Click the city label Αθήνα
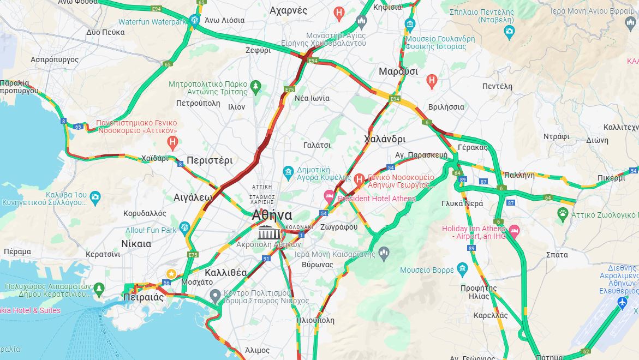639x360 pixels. click(x=272, y=215)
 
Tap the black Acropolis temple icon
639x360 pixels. click(x=266, y=232)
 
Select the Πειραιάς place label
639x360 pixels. click(x=144, y=297)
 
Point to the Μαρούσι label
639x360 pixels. click(x=398, y=71)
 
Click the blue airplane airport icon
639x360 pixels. click(x=622, y=302)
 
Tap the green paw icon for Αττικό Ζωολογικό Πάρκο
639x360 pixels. click(x=563, y=214)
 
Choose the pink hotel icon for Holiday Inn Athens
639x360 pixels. click(x=514, y=233)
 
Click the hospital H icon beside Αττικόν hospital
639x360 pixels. click(x=173, y=143)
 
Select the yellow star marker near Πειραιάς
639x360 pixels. click(x=171, y=274)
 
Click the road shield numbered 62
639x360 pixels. click(x=586, y=351)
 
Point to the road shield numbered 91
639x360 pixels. click(x=266, y=259)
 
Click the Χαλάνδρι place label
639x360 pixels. click(x=385, y=139)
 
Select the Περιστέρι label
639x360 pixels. click(x=210, y=160)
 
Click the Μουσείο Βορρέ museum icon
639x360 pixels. click(x=462, y=269)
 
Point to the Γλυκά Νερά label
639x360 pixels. click(x=462, y=203)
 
